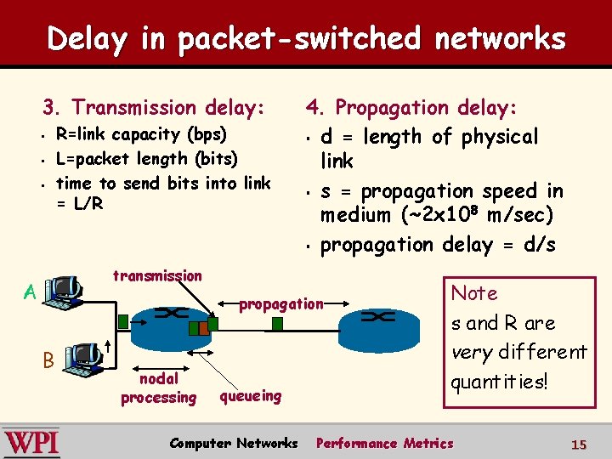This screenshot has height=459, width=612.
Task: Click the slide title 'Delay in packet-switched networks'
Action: [x=306, y=38]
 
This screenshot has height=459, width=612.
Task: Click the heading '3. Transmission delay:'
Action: [x=154, y=107]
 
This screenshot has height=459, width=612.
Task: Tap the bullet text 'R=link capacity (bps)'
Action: [x=141, y=134]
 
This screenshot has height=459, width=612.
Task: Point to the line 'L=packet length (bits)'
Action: [x=145, y=158]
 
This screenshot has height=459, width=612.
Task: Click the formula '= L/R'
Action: [x=79, y=203]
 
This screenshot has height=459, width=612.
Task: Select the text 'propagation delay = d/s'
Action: [x=437, y=245]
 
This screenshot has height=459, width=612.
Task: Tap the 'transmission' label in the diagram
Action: [x=157, y=275]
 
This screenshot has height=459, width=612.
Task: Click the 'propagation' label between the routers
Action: [x=281, y=303]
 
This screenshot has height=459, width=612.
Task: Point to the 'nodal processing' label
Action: [x=158, y=388]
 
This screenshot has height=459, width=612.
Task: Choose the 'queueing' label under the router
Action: [x=250, y=395]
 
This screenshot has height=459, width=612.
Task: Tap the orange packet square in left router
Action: [x=202, y=328]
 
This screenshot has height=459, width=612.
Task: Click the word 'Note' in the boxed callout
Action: [x=474, y=293]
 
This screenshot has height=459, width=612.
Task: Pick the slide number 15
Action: [x=579, y=444]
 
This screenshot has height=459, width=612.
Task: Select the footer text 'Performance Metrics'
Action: [x=384, y=443]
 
